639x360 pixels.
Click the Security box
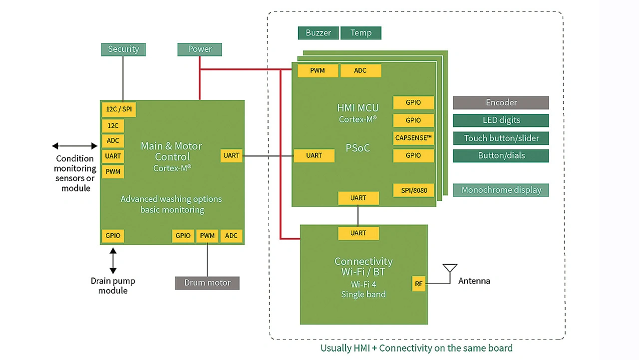click(123, 49)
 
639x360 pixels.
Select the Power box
click(200, 49)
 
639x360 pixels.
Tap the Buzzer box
click(319, 33)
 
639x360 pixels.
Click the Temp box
click(361, 33)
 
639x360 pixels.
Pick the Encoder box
click(501, 102)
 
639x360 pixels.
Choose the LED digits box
click(501, 120)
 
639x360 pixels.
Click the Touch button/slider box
click(501, 138)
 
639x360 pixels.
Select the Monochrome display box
click(501, 190)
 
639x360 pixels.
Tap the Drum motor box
click(207, 283)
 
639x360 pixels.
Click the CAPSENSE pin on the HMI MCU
click(413, 138)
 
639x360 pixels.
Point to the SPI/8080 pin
click(413, 190)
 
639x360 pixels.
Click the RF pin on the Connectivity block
click(418, 284)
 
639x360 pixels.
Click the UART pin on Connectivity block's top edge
click(358, 233)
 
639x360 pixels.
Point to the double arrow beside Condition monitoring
click(75, 146)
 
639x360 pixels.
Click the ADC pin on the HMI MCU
click(360, 71)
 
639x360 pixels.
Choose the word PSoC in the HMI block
click(358, 148)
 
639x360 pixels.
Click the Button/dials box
click(501, 156)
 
